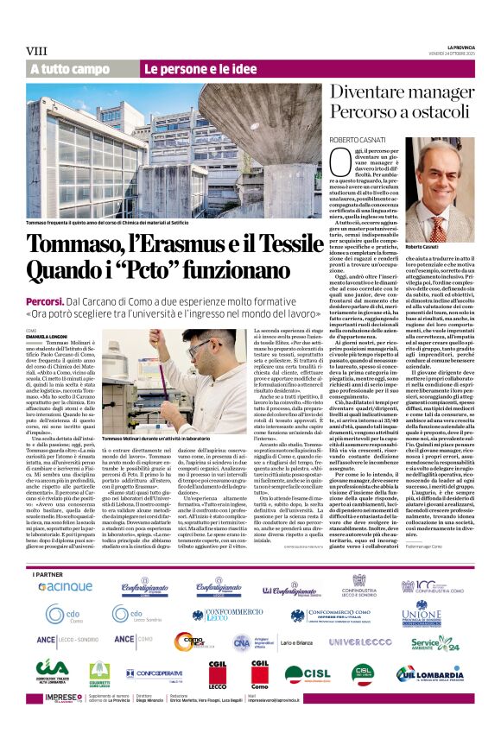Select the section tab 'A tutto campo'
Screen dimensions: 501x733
pyautogui.click(x=70, y=69)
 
